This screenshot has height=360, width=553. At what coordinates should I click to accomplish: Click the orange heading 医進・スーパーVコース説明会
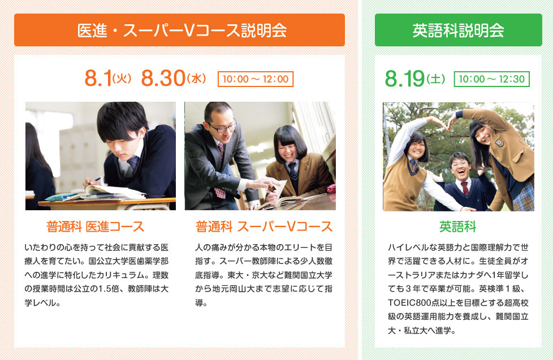(182, 31)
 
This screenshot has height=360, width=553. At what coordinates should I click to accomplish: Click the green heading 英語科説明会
(458, 31)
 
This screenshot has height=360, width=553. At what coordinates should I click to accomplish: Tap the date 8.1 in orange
(98, 78)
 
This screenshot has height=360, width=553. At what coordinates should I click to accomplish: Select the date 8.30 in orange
(163, 78)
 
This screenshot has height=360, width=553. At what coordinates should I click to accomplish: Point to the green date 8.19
(404, 79)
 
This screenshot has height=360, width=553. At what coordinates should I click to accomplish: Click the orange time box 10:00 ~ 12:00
(256, 79)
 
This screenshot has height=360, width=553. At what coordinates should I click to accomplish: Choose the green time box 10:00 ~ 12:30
(491, 79)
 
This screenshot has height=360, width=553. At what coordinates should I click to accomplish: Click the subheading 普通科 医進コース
(95, 227)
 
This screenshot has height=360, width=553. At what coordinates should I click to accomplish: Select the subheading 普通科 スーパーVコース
(264, 227)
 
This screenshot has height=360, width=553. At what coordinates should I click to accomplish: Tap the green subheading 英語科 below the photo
(458, 227)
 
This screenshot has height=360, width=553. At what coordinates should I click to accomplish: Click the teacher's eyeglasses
(223, 128)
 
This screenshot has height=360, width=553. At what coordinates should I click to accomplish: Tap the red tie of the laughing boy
(465, 188)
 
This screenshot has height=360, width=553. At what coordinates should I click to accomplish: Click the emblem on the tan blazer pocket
(498, 143)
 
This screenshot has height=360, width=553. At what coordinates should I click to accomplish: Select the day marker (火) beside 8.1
(122, 79)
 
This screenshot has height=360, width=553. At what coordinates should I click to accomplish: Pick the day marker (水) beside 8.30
(196, 79)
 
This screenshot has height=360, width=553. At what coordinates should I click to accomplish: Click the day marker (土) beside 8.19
(435, 79)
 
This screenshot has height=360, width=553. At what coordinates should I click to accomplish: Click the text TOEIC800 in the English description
(405, 302)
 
